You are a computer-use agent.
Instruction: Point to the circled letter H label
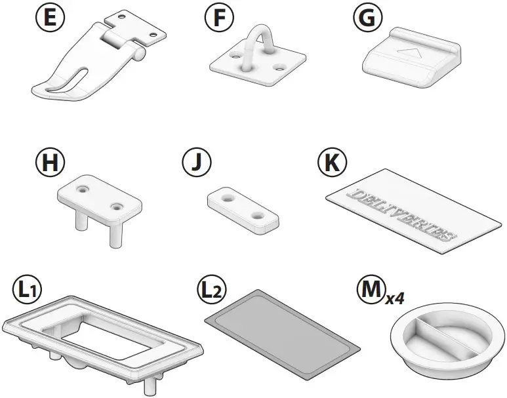[x=49, y=161]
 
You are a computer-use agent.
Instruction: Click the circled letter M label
[x=369, y=289]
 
